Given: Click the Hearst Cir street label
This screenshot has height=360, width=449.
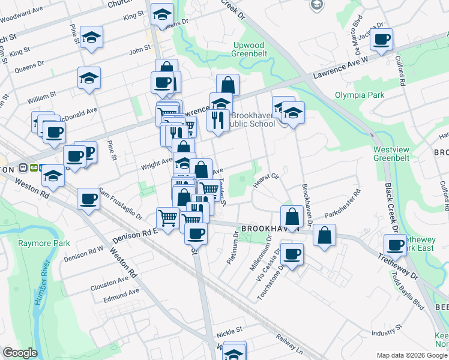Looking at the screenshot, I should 267,180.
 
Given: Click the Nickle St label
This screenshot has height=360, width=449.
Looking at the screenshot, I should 229,330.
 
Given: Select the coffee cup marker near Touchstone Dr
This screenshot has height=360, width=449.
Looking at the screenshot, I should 292,254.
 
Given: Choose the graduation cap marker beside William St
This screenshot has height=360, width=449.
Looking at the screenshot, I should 89,78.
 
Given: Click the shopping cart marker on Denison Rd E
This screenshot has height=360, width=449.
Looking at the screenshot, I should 168,218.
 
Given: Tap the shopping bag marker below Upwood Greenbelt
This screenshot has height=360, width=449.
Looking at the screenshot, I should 228,85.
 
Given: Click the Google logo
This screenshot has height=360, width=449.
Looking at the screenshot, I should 20,353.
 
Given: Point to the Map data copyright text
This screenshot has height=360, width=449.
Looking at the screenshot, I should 411,355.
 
